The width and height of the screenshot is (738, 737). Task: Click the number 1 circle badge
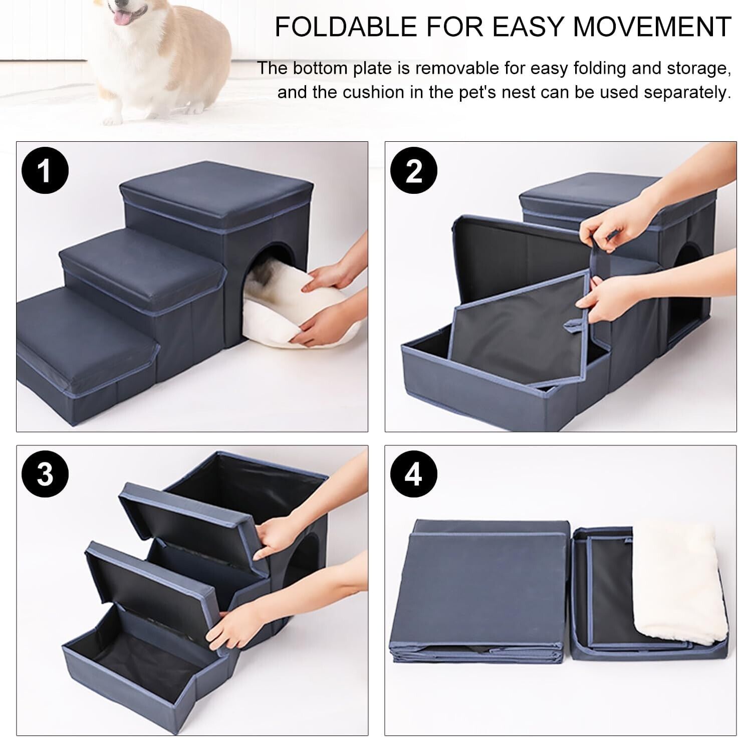[x=45, y=170]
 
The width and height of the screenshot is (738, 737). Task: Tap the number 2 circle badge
[x=414, y=170]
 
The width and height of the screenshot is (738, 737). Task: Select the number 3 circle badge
[x=45, y=473]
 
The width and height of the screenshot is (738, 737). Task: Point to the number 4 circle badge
[x=414, y=473]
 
